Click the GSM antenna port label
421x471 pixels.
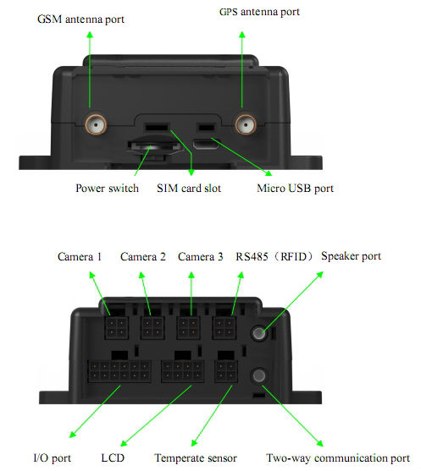pos(80,19)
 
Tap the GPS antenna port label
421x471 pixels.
pos(259,12)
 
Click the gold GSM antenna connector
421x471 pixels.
pos(96,124)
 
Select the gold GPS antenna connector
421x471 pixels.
pos(246,124)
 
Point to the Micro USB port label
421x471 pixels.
pos(296,189)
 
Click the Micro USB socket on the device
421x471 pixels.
pos(206,145)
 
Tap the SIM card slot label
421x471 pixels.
pos(189,189)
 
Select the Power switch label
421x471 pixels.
pos(107,189)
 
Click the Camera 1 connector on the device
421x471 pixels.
pos(116,328)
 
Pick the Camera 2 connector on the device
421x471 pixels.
pos(152,328)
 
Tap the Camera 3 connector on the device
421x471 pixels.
pos(188,328)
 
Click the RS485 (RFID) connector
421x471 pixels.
pos(224,328)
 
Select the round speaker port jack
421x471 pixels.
pos(259,333)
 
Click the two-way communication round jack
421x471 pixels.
pos(259,375)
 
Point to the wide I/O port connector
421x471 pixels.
pos(119,371)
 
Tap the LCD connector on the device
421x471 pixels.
pos(183,371)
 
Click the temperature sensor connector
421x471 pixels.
pos(226,371)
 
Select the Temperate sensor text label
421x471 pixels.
pos(196,458)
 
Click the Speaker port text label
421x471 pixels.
pos(351,256)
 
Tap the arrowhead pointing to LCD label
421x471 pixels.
pos(124,443)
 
